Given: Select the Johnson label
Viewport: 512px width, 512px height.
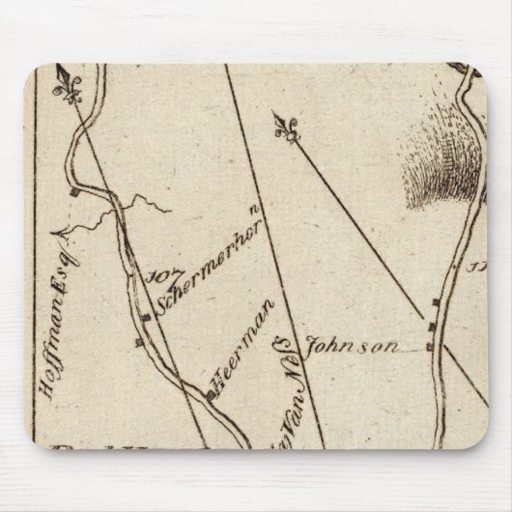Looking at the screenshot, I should coord(340,347).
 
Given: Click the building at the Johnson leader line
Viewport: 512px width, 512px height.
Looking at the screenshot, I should coord(430,345).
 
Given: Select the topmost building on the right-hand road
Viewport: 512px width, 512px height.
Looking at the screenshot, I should coord(436,303).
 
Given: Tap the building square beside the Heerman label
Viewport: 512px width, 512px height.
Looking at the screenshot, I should coord(212,394).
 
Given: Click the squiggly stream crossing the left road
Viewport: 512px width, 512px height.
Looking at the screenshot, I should coord(126,207).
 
